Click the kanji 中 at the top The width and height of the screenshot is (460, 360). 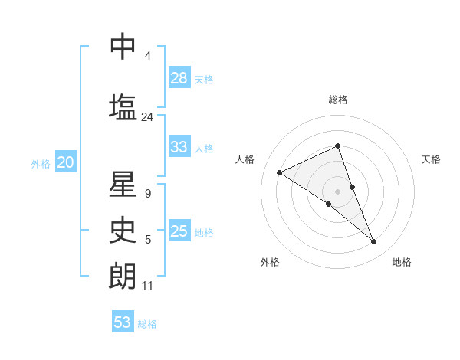coord(123,47)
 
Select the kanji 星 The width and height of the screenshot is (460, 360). coord(123,185)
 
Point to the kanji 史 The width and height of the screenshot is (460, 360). coord(123,230)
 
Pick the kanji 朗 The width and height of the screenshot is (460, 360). coord(123,275)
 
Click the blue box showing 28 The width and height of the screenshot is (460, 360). coord(179,78)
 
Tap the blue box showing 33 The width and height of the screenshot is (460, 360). coord(179,147)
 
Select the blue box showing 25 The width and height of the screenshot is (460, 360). coord(179,231)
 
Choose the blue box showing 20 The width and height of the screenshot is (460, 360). coord(65,162)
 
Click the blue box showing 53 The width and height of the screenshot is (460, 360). coord(123,322)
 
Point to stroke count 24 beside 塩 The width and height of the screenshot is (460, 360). coord(147,117)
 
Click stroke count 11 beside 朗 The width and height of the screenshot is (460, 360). coord(147,286)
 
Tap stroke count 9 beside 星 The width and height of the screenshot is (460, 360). coord(147,194)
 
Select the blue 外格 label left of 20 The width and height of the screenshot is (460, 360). coord(41,163)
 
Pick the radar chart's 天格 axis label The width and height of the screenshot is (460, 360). coord(431,159)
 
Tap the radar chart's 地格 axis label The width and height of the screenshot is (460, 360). coord(402,262)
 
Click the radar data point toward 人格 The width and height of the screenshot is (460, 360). coord(280,173)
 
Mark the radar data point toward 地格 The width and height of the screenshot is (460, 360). coord(374,242)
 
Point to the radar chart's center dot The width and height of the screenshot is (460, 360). coord(337,191)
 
